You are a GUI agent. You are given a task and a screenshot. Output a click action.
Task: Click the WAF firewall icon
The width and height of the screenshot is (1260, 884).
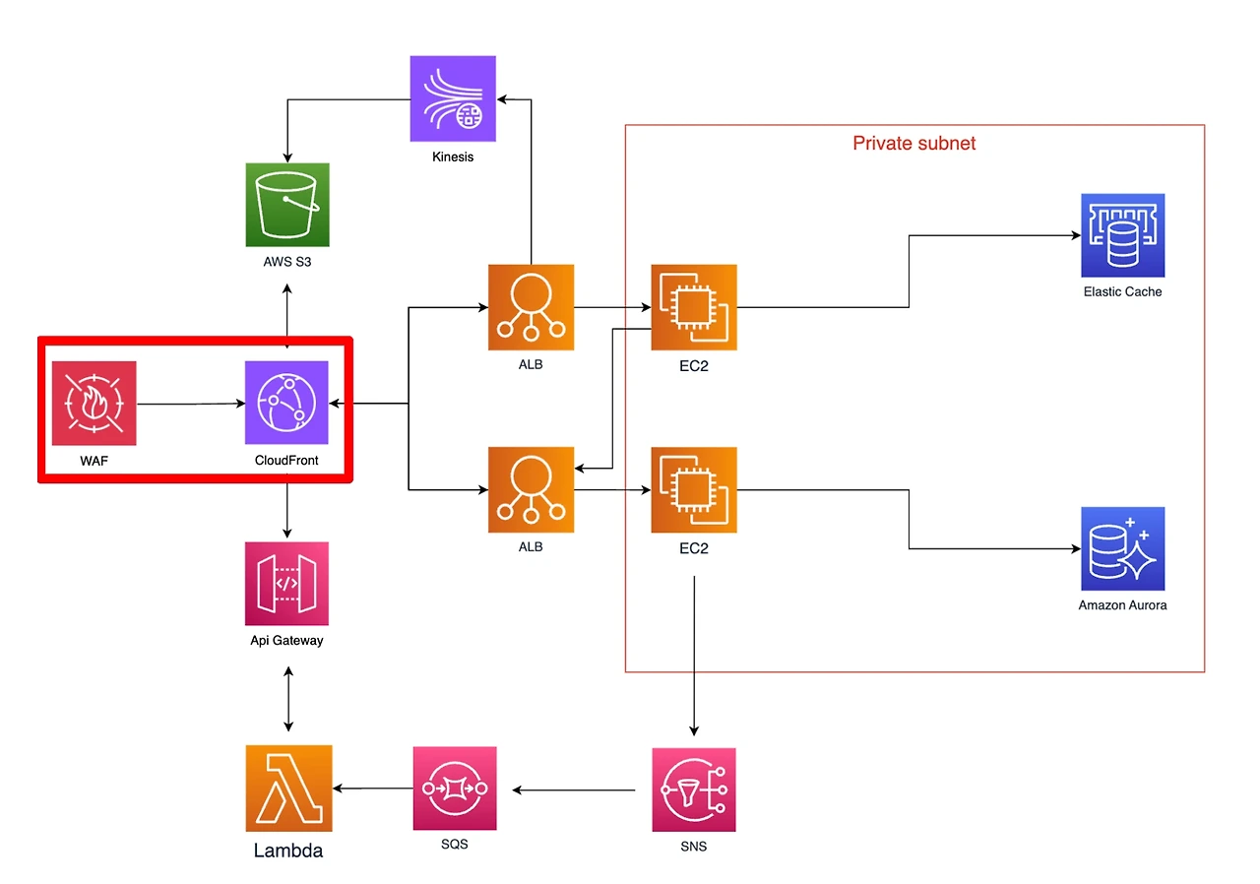click(x=94, y=404)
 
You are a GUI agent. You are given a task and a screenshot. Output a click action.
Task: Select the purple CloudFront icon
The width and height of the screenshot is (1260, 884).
click(x=286, y=403)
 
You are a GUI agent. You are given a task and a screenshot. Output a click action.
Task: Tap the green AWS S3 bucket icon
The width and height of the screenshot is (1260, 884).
click(x=287, y=205)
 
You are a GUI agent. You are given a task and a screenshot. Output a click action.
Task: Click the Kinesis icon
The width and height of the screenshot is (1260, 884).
click(x=453, y=98)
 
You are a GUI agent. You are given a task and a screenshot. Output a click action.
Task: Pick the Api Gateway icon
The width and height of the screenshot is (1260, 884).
click(x=286, y=584)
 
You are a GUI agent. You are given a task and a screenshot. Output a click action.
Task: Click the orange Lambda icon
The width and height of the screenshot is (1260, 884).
click(x=289, y=789)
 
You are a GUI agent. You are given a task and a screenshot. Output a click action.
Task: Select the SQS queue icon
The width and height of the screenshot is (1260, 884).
click(x=455, y=789)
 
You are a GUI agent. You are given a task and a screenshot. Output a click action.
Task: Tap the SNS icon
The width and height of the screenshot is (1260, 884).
click(x=694, y=789)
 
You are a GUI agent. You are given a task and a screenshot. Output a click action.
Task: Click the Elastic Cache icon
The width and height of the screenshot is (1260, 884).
click(x=1123, y=235)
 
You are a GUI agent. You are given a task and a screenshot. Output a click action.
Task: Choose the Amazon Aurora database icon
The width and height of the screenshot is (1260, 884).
click(x=1123, y=549)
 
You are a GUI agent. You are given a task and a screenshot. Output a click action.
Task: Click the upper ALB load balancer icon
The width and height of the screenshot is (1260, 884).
click(x=531, y=307)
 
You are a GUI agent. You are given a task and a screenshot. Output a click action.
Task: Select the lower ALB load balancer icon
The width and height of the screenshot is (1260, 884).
click(x=531, y=490)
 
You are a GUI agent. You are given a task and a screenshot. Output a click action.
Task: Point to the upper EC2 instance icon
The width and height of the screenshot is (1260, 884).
click(x=694, y=307)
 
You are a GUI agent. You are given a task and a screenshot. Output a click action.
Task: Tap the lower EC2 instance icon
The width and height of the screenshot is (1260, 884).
click(x=694, y=490)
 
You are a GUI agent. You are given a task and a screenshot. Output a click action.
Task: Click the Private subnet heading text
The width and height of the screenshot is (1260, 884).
click(x=914, y=144)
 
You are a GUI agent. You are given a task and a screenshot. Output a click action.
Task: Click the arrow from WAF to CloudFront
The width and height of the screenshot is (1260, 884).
click(x=191, y=404)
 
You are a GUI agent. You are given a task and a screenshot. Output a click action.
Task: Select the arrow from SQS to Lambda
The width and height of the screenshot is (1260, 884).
click(x=373, y=789)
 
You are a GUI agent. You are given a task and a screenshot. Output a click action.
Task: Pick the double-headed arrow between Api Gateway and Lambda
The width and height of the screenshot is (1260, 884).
click(x=288, y=699)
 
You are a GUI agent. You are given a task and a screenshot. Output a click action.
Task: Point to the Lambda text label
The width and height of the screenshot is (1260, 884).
click(x=288, y=851)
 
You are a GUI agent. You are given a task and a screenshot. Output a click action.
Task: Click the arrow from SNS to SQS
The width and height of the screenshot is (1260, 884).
click(x=574, y=790)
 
